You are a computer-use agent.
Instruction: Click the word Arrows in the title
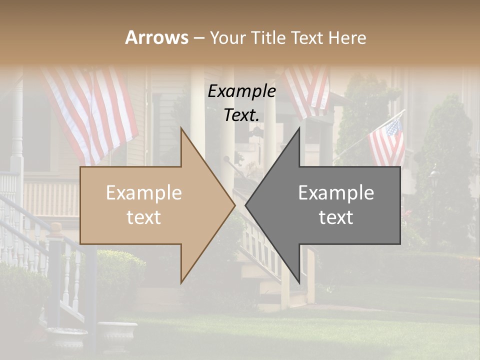(156, 37)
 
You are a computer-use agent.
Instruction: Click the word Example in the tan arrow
(144, 193)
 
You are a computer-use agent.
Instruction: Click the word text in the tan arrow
(144, 217)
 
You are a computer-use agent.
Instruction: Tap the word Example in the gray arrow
(336, 193)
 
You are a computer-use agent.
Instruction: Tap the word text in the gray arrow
(336, 217)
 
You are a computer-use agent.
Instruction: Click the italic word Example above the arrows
(241, 91)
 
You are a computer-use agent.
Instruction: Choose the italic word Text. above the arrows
(241, 115)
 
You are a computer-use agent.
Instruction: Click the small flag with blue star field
(387, 142)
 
